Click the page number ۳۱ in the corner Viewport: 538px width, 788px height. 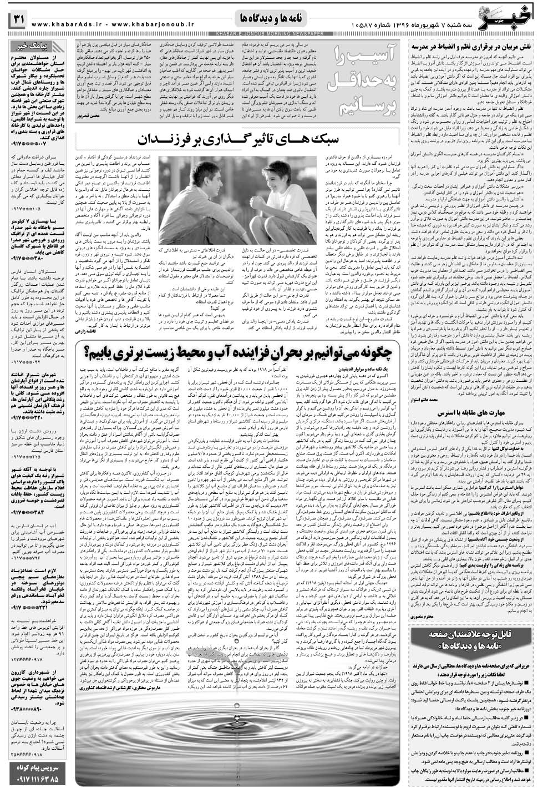[x=17, y=19]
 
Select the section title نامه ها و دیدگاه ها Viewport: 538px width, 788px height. [x=269, y=19]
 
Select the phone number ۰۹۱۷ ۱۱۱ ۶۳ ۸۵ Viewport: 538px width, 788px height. [x=37, y=780]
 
